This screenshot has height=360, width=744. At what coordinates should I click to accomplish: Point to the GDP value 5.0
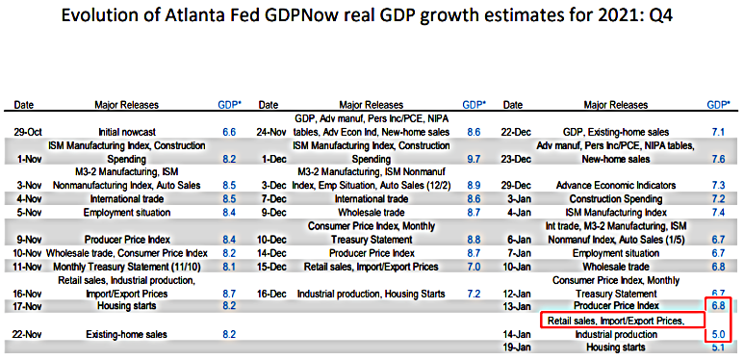[x=718, y=334]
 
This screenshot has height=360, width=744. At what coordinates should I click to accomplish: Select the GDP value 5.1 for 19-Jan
[x=718, y=347]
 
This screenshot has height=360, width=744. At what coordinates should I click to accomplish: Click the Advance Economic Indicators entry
[x=618, y=184]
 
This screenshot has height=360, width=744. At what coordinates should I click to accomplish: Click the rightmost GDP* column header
[x=718, y=103]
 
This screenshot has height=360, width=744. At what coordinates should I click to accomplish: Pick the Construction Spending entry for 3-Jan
[x=618, y=197]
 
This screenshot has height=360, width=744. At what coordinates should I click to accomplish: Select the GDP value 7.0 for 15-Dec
[x=474, y=265]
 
